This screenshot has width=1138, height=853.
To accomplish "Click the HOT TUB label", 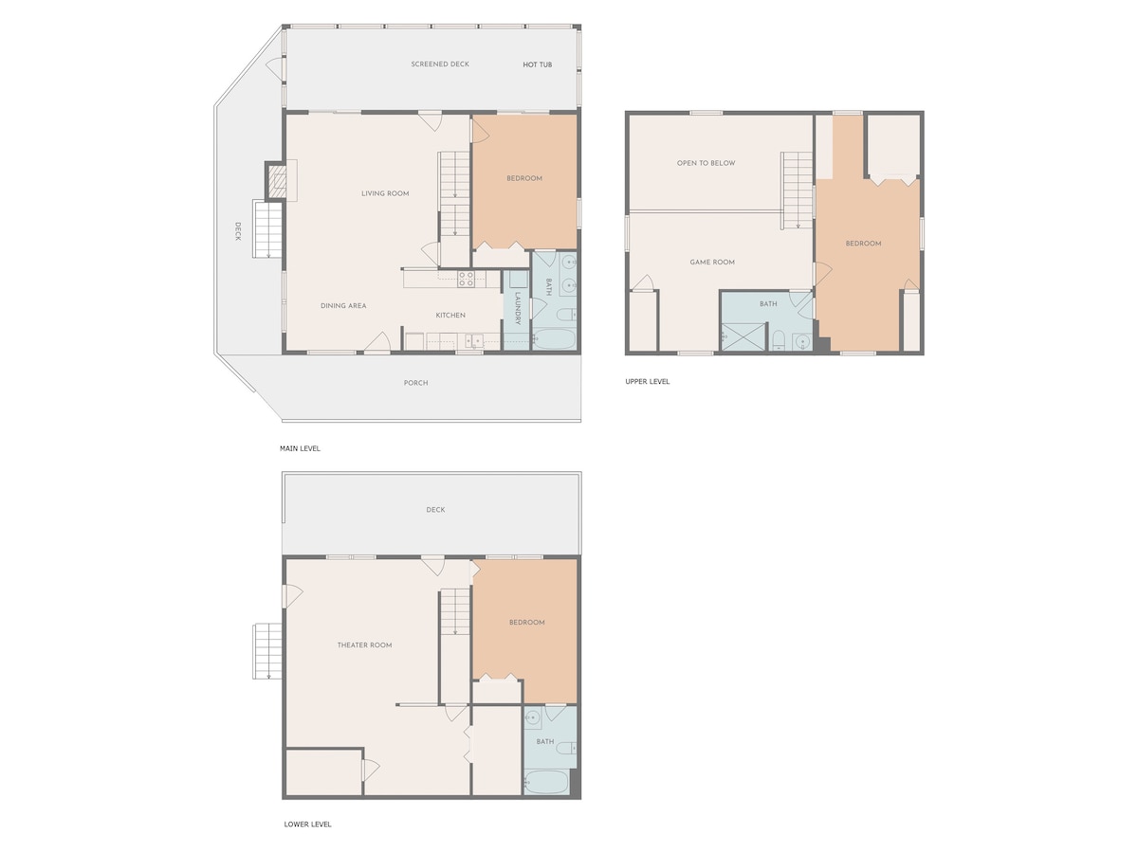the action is click(537, 64).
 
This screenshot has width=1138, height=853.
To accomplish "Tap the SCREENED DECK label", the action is click(440, 64).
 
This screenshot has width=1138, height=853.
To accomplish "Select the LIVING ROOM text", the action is click(385, 193).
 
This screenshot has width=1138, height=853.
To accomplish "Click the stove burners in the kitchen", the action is click(466, 280).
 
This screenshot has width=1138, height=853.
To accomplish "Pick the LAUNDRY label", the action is click(518, 308).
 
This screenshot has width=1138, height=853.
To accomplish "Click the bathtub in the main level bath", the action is click(554, 340).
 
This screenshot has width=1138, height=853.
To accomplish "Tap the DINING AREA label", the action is click(343, 306).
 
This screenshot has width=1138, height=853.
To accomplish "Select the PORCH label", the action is click(415, 383).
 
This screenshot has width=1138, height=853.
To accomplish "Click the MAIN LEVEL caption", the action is click(300, 448).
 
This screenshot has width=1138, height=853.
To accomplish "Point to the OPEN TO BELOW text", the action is click(706, 163).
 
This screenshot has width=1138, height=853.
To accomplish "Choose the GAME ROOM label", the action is click(712, 263).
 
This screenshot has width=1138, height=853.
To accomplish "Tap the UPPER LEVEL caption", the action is click(647, 382).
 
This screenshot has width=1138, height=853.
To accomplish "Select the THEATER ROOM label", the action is click(364, 645).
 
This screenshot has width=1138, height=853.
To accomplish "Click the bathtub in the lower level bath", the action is click(546, 783).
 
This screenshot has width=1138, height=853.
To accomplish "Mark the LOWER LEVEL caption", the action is click(307, 825).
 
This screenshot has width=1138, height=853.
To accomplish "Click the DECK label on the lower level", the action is click(435, 510).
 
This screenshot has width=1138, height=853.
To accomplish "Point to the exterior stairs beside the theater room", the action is click(267, 651).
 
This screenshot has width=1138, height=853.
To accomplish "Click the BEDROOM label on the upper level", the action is click(863, 244).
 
